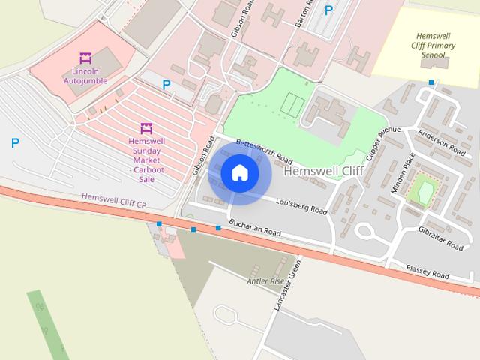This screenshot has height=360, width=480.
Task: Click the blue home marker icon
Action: tap(239, 173)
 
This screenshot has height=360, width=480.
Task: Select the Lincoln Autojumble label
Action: tap(85, 76)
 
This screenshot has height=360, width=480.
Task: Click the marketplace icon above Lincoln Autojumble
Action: tap(85, 58)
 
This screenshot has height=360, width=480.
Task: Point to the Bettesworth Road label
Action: tap(263, 151)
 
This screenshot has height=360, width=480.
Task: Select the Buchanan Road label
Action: tap(255, 229)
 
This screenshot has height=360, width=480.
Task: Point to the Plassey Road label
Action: tap(427, 271)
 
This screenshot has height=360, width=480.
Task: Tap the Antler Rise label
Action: tap(266, 281)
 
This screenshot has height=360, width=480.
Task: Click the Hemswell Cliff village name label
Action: tap(325, 172)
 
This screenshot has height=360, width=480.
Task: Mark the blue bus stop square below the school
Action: tap(431, 82)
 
